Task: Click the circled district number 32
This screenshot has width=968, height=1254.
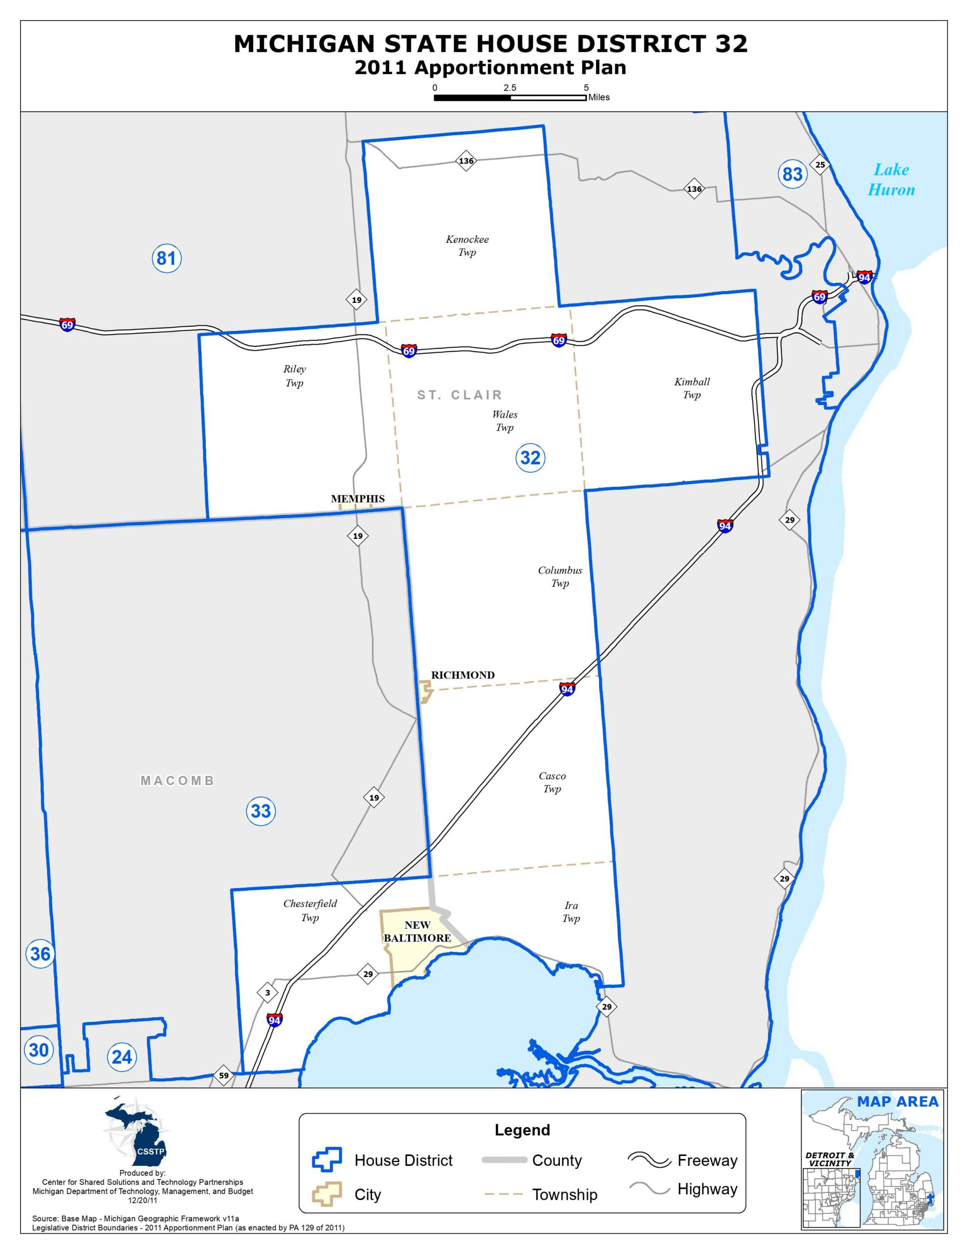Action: click(x=530, y=458)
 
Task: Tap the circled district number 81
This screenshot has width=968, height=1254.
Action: click(x=166, y=258)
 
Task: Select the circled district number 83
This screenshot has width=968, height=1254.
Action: click(x=792, y=173)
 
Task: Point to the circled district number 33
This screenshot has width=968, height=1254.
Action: click(x=260, y=811)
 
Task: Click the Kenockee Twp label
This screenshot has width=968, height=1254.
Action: click(x=467, y=246)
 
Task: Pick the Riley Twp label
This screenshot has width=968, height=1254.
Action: click(x=294, y=376)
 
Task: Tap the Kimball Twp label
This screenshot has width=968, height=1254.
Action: click(x=691, y=388)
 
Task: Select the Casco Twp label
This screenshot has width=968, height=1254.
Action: click(x=552, y=782)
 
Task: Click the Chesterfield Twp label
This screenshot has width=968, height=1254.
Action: click(x=310, y=910)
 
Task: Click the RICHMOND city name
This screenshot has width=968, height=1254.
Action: click(x=462, y=675)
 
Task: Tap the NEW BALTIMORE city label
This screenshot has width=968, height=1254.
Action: click(x=417, y=931)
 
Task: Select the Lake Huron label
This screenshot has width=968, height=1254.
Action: click(x=891, y=180)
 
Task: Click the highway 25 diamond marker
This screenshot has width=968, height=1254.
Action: click(x=820, y=165)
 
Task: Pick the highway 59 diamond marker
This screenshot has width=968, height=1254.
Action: click(x=223, y=1075)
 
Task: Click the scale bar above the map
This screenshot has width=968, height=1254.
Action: click(x=509, y=97)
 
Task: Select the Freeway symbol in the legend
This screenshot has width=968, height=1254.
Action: click(x=649, y=1160)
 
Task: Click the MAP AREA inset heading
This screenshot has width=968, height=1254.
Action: click(x=898, y=1101)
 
